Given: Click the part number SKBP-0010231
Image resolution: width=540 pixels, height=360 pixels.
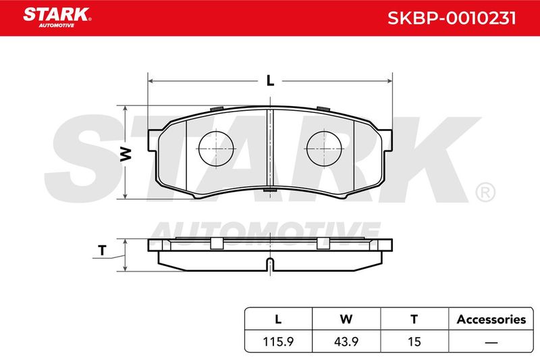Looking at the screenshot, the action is (x=452, y=18).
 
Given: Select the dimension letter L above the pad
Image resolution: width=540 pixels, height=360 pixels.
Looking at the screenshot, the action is (x=271, y=80).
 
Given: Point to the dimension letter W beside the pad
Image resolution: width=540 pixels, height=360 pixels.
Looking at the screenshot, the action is (x=126, y=154).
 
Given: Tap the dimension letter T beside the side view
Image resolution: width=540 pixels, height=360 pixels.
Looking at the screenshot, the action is (x=102, y=251).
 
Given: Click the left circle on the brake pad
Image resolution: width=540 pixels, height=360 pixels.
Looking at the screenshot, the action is (x=216, y=149).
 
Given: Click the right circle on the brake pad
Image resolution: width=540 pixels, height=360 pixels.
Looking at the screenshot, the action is (x=324, y=149).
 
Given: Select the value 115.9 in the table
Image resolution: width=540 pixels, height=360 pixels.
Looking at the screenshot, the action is (x=278, y=341).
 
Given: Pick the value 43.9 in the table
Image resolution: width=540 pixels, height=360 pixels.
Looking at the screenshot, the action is (x=346, y=341).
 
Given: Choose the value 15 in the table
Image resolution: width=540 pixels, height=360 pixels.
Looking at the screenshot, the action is (x=414, y=341).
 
